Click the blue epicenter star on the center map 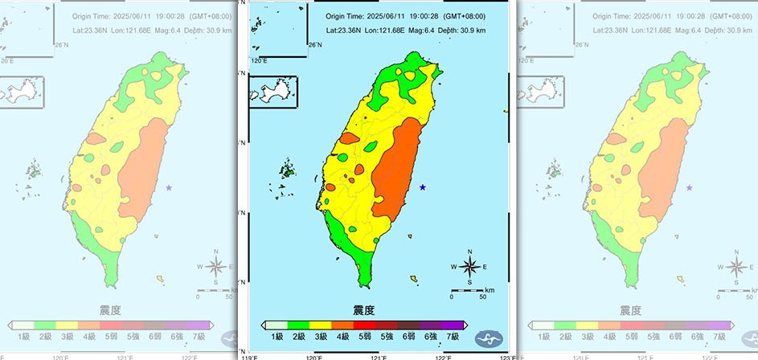click(x=423, y=187)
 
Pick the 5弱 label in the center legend click(x=365, y=336)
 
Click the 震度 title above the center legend click(x=363, y=309)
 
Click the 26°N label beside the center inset click(x=316, y=45)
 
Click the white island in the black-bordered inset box click(x=270, y=91)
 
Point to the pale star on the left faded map click(x=169, y=187)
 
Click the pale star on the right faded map click(x=689, y=187)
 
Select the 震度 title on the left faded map click(x=109, y=309)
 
